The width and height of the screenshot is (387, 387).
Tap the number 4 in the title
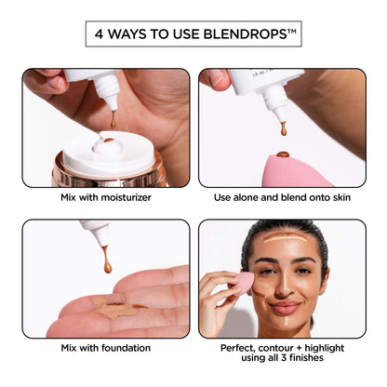pos(99,34)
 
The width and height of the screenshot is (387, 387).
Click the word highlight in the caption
pos(325,348)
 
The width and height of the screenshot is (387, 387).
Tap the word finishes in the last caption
pos(307,358)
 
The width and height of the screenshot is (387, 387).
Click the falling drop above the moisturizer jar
pos(113,121)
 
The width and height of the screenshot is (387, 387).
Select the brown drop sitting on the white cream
pos(109,140)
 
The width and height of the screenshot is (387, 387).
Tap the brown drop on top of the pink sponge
pos(283,154)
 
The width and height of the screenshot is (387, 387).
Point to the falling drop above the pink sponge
pos(284,129)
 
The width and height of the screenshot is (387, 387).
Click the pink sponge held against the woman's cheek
pos(241,283)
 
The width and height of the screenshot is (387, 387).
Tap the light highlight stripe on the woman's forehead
pos(285,238)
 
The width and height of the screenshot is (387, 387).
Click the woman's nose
pos(284,287)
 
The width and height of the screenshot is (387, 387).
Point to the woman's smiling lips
pos(285,307)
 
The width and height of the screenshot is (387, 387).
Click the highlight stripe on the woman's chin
pos(286,321)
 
